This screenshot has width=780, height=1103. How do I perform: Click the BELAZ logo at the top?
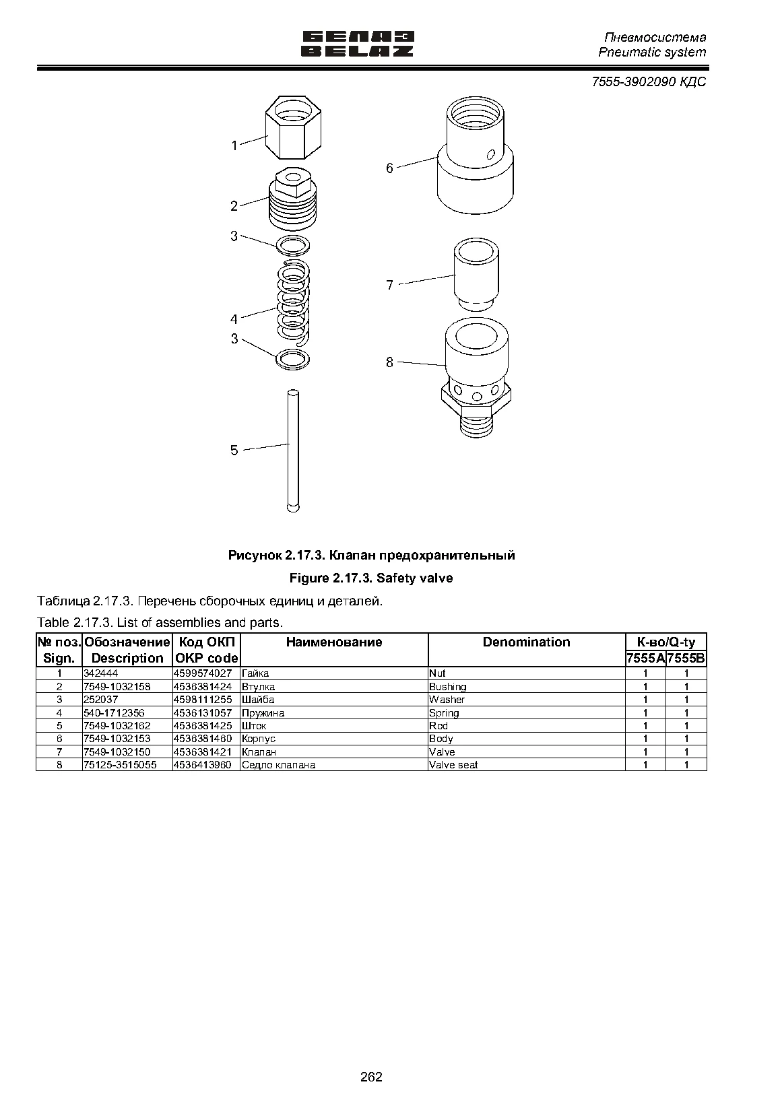(x=358, y=44)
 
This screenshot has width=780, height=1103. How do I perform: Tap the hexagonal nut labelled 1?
(x=293, y=127)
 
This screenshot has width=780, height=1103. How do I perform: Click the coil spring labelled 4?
(x=294, y=302)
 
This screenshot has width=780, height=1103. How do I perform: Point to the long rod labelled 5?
(x=293, y=450)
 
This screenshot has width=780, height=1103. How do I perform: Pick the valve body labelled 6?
(x=475, y=155)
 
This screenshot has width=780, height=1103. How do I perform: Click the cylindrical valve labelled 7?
(x=476, y=274)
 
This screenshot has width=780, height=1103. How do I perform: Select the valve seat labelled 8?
(x=476, y=377)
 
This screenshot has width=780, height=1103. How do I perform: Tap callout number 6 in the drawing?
(x=389, y=168)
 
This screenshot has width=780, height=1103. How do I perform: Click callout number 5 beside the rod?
(x=234, y=450)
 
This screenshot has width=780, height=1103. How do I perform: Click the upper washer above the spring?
(x=293, y=244)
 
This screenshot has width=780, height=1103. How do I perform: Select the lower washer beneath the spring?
(x=293, y=359)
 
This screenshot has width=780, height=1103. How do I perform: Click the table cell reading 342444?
(x=101, y=673)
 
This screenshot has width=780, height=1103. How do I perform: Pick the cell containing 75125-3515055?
(x=120, y=765)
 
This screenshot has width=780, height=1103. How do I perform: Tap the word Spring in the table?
(x=444, y=712)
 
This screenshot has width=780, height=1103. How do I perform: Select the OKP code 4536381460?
(x=202, y=739)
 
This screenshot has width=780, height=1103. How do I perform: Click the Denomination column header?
(x=527, y=642)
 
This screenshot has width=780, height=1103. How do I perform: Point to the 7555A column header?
(x=645, y=659)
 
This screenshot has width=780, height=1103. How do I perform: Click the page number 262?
(x=371, y=1077)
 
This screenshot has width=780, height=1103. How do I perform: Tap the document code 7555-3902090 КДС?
(x=649, y=81)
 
